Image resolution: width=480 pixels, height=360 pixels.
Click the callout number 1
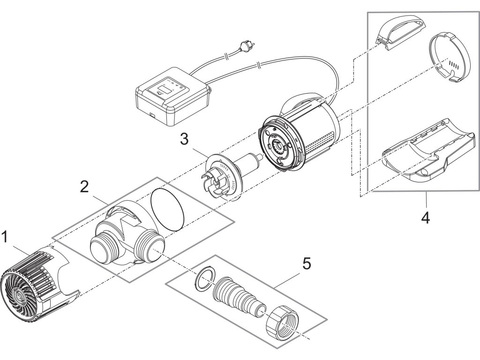pos(5,237)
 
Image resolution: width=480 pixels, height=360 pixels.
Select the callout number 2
pos(84,187)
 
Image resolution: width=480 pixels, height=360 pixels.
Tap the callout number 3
pos(184,140)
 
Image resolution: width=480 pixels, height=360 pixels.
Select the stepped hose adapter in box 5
pos(239,297)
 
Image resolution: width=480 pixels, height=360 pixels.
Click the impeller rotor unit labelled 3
pos(229,176)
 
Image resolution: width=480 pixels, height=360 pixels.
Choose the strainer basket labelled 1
pos(39,284)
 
